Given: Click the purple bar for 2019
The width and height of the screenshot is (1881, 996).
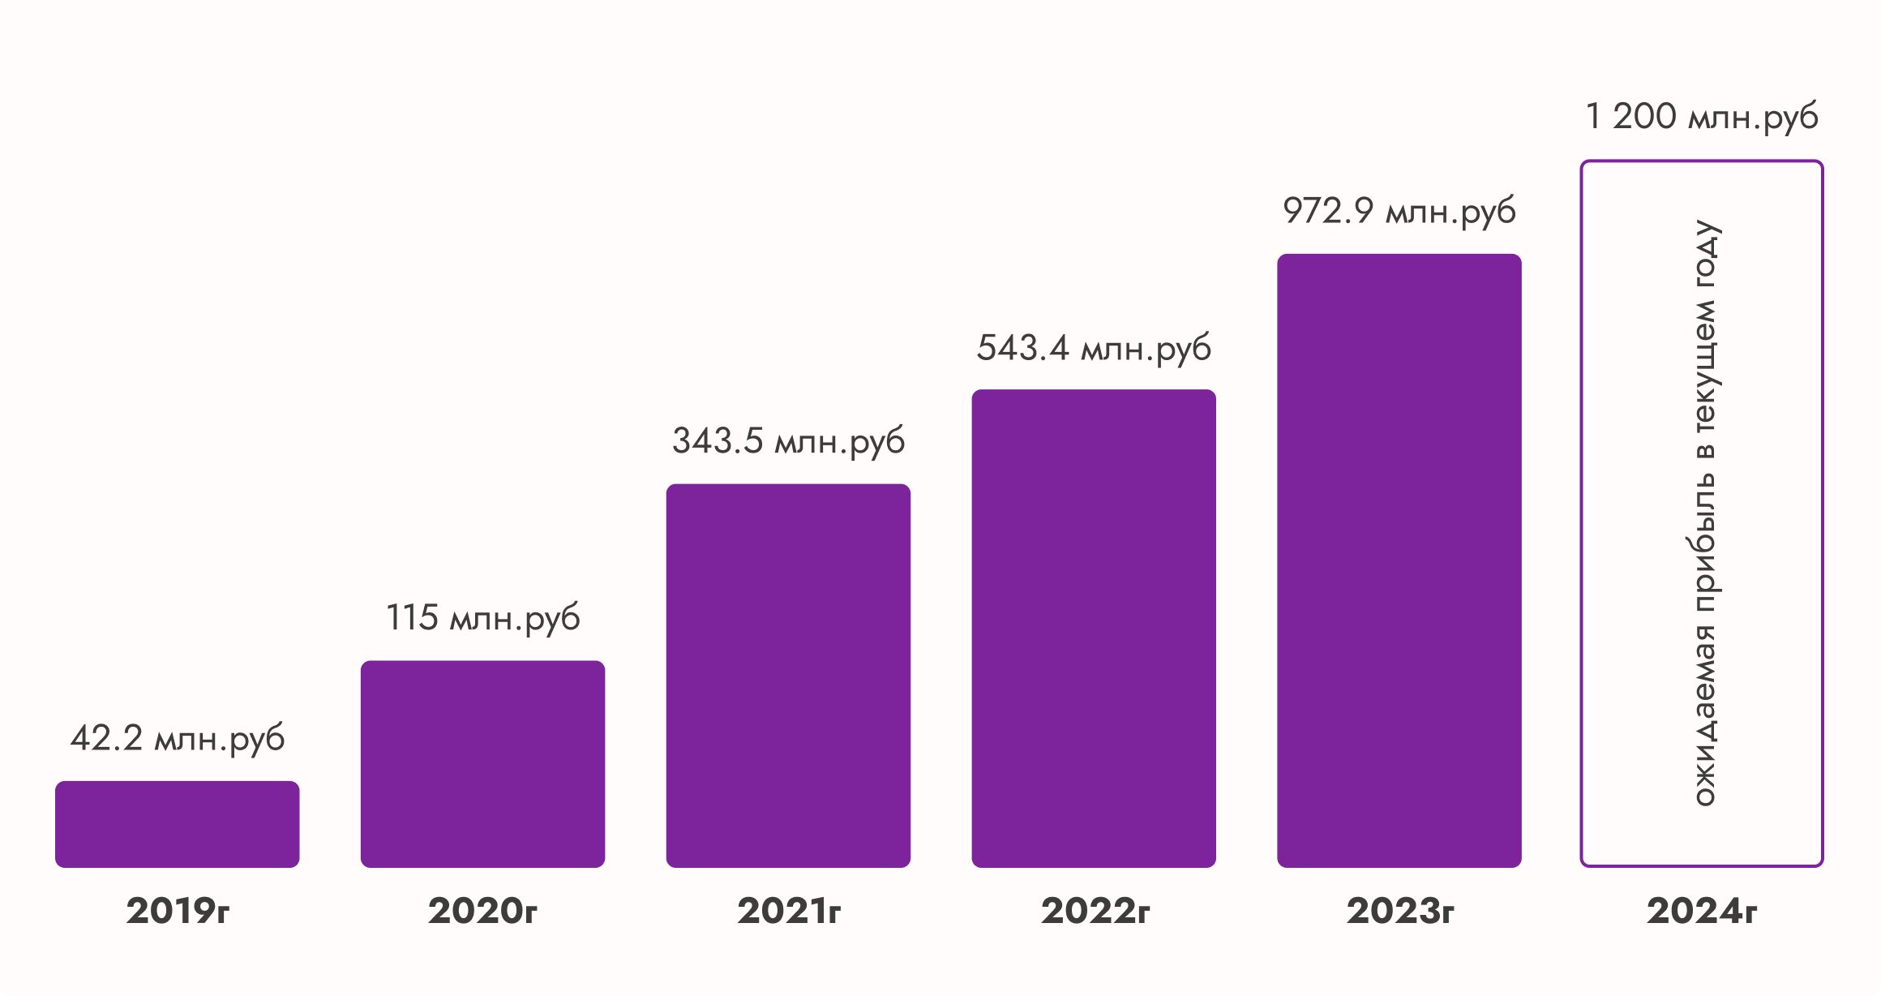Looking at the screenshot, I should point(177,824).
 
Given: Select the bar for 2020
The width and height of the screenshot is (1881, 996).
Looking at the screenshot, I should point(482,764).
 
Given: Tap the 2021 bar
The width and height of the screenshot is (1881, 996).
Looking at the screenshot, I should point(788,676).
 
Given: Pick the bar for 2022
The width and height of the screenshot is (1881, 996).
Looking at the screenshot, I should point(1094,629).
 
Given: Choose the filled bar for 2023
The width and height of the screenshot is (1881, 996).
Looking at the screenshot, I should point(1399,560).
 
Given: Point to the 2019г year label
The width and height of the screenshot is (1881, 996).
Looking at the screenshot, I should point(178,911).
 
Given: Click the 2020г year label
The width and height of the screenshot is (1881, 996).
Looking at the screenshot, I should point(482,911).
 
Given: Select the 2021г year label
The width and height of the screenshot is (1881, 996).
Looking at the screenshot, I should point(788,911).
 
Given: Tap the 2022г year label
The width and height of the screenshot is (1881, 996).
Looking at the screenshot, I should point(1095,911).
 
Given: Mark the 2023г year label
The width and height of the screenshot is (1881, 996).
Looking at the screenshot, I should point(1399,911).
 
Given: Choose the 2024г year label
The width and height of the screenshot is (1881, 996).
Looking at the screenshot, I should point(1701,911).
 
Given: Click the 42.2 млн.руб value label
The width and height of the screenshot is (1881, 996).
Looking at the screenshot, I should point(177,739).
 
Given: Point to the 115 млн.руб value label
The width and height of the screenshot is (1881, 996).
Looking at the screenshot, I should point(482,619).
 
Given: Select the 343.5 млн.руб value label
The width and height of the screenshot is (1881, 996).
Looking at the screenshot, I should point(788,442).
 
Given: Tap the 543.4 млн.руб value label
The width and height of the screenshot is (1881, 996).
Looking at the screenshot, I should point(1094,349).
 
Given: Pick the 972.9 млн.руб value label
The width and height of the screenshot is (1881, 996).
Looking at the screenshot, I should point(1399,212).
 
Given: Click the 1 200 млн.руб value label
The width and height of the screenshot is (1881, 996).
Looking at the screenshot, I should point(1701,118).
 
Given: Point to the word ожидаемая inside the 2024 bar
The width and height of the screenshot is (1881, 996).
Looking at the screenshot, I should point(1705,715).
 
